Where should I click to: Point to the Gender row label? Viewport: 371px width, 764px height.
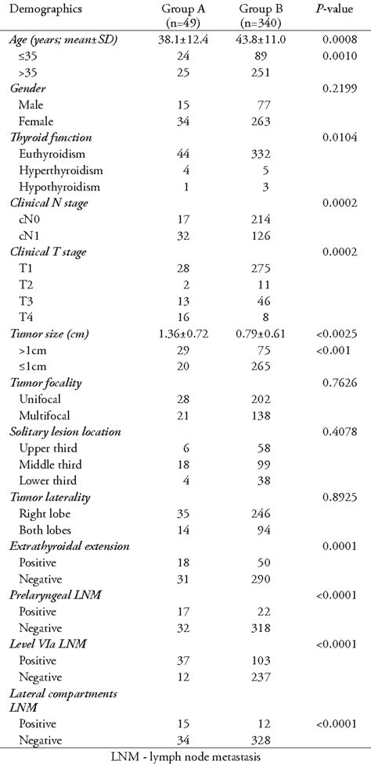(x=27, y=89)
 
